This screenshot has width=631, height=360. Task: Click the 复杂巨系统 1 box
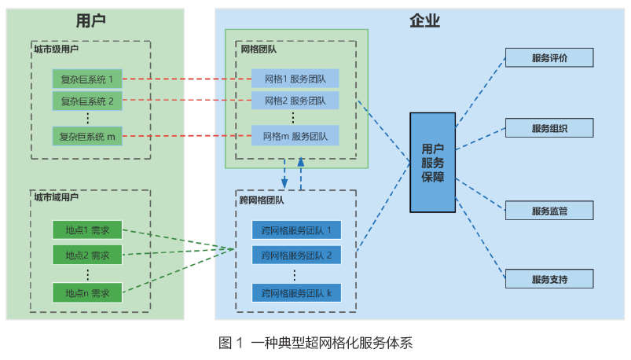coord(87,79)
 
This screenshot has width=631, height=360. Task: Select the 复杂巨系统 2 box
coord(87,101)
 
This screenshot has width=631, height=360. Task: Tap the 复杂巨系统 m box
coord(87,136)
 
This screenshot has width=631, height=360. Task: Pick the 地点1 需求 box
coord(87,231)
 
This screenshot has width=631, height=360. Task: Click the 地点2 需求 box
coord(87,255)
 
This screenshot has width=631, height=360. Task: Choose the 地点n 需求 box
coord(87,293)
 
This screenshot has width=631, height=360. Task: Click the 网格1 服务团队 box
coord(295,79)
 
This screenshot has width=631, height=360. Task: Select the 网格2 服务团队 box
coord(295,101)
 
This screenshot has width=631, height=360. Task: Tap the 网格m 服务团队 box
coord(295,135)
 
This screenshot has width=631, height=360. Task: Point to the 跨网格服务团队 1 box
coord(296,231)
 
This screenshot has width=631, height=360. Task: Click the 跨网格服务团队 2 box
coord(296,255)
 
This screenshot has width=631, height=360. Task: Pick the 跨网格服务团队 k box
coord(296,293)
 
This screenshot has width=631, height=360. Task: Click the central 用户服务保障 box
coord(432,163)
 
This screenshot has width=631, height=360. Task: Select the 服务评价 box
coord(549,58)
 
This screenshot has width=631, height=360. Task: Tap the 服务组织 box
coord(549,129)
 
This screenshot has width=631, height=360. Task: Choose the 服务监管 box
coord(549,211)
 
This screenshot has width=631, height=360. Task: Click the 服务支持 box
coord(549,278)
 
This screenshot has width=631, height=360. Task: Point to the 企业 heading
coord(424,21)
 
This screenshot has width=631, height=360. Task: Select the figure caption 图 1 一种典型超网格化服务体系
coord(315,343)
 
